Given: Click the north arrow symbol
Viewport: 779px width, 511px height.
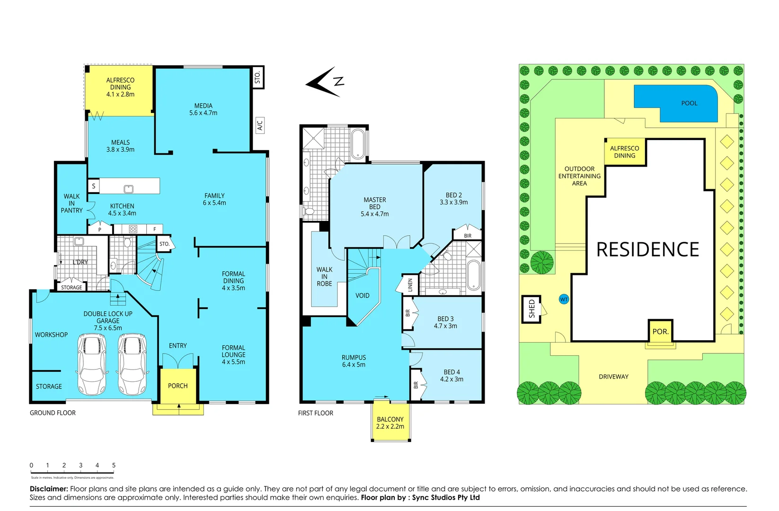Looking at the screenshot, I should click(327, 82).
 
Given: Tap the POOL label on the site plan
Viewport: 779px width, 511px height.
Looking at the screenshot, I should click(689, 103).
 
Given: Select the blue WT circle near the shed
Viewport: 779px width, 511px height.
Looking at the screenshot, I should click(564, 300).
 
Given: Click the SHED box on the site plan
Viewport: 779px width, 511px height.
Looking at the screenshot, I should click(531, 309).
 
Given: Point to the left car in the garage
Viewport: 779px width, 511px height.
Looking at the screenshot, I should click(92, 364).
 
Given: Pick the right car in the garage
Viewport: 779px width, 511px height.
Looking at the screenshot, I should click(132, 364).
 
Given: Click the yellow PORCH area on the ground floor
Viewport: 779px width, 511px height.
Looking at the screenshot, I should click(178, 386).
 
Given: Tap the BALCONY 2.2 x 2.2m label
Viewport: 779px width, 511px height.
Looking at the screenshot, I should click(390, 423).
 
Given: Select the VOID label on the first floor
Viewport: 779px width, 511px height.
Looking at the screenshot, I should click(362, 296).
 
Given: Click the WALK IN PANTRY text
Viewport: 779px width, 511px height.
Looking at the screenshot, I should click(71, 203).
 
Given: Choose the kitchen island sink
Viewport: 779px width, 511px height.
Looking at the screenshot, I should click(128, 189).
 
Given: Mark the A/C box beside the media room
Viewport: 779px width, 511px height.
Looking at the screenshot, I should click(260, 125).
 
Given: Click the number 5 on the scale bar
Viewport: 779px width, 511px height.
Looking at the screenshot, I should click(114, 466).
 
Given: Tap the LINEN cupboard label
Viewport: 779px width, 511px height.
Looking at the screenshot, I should click(410, 285).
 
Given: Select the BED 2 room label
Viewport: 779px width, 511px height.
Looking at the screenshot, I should click(453, 199).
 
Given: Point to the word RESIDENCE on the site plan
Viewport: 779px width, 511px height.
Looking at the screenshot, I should click(647, 250).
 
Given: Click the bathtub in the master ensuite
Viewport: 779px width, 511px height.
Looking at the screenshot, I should click(358, 144).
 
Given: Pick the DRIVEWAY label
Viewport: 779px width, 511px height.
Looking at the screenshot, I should click(613, 377).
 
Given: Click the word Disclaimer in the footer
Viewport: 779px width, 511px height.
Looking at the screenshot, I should click(49, 489).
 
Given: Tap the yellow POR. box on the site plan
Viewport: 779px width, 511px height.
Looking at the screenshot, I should click(660, 331).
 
